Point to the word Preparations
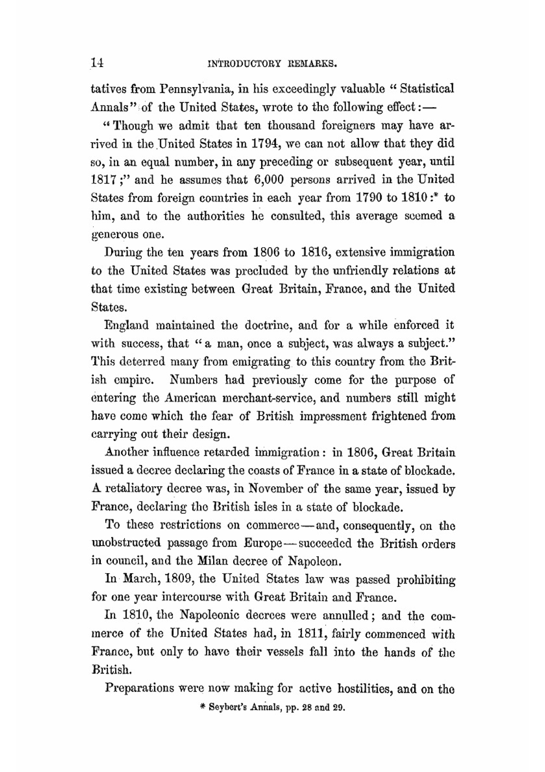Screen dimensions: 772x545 pyautogui.click(x=140, y=688)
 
